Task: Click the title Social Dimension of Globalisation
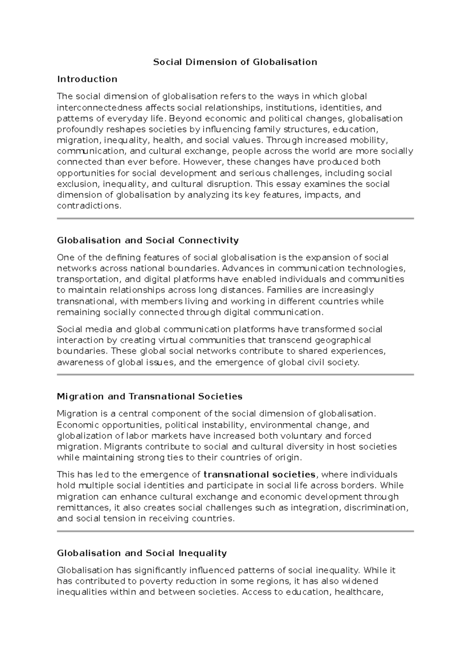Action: click(235, 62)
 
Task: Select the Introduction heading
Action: click(87, 79)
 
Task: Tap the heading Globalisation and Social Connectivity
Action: click(148, 240)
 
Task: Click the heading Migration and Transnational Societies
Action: click(150, 397)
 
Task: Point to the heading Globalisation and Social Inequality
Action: click(142, 553)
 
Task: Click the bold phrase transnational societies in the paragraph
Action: click(259, 475)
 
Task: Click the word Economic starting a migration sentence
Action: click(78, 425)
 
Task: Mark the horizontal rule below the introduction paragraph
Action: click(235, 218)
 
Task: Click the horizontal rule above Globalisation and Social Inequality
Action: click(235, 531)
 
